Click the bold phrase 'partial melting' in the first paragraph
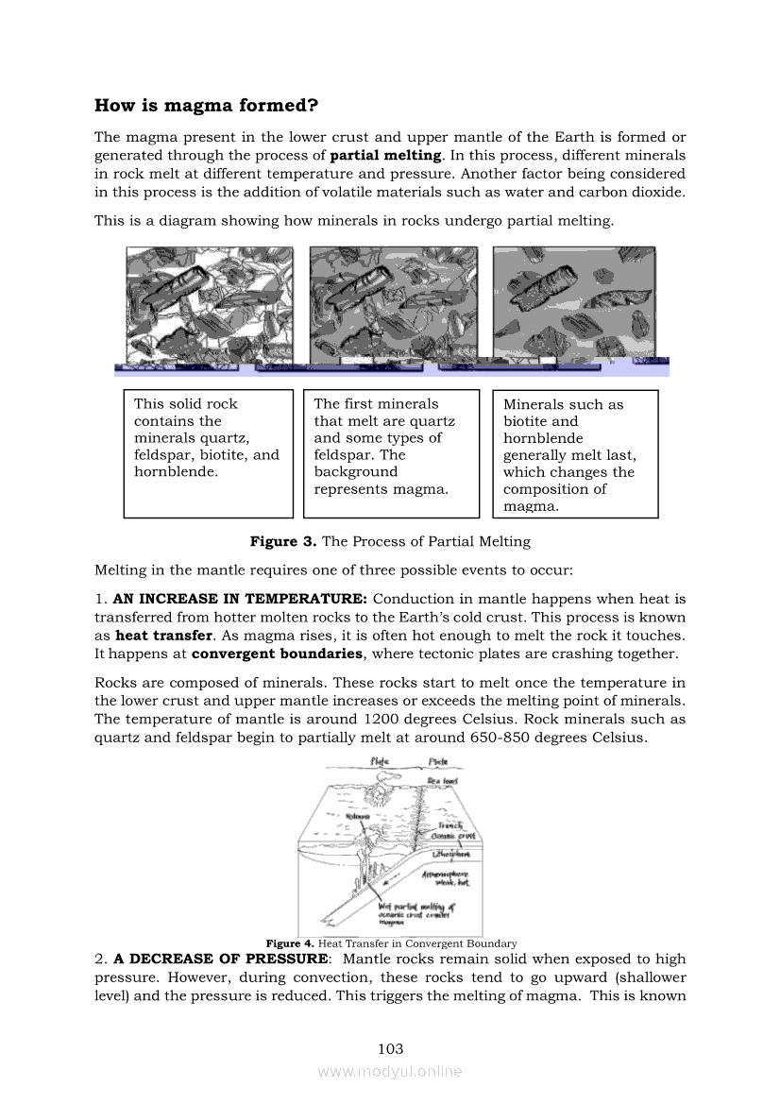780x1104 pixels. click(x=385, y=155)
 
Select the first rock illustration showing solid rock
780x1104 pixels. click(x=209, y=304)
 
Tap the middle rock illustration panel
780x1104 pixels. click(x=392, y=304)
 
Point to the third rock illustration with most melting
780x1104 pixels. click(x=574, y=304)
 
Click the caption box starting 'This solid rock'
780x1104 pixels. click(x=208, y=454)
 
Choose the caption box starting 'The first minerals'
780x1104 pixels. click(x=391, y=454)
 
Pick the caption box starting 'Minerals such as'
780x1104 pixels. click(x=575, y=454)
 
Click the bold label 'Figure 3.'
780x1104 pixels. click(x=283, y=542)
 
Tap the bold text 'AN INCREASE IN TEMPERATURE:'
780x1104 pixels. click(x=242, y=599)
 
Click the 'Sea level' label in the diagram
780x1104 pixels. click(x=442, y=781)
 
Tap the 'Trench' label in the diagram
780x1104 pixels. click(x=449, y=824)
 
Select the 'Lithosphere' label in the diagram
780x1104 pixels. click(x=449, y=855)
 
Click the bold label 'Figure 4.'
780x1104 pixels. click(x=290, y=943)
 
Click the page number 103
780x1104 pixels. click(x=390, y=1048)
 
